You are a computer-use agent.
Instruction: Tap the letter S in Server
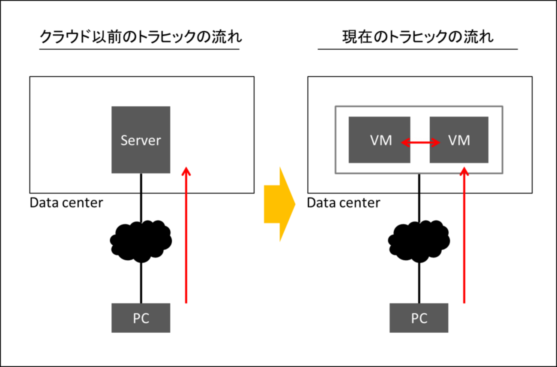(x=125, y=140)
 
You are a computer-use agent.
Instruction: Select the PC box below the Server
(x=141, y=318)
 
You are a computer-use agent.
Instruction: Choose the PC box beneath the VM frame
(x=419, y=318)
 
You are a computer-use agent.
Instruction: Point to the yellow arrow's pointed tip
(x=296, y=204)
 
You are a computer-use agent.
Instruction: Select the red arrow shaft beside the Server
(x=186, y=249)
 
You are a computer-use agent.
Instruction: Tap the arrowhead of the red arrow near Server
(x=186, y=171)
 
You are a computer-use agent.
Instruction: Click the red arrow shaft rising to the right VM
(x=464, y=249)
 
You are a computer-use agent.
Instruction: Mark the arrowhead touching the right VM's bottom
(x=464, y=171)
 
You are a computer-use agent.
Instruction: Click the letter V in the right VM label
(x=453, y=140)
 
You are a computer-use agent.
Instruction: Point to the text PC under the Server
(x=141, y=318)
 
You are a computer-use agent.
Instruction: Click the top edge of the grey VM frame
(x=419, y=106)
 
